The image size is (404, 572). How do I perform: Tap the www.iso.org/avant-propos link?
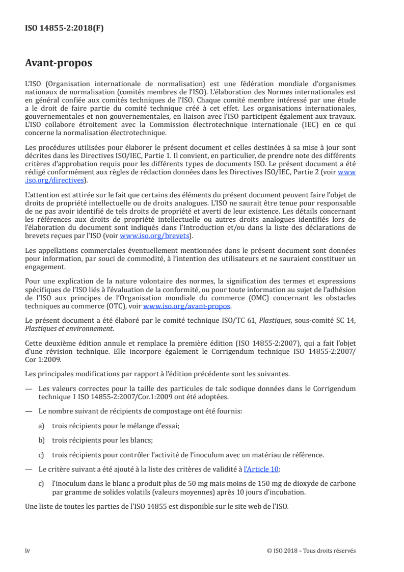(187, 306)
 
